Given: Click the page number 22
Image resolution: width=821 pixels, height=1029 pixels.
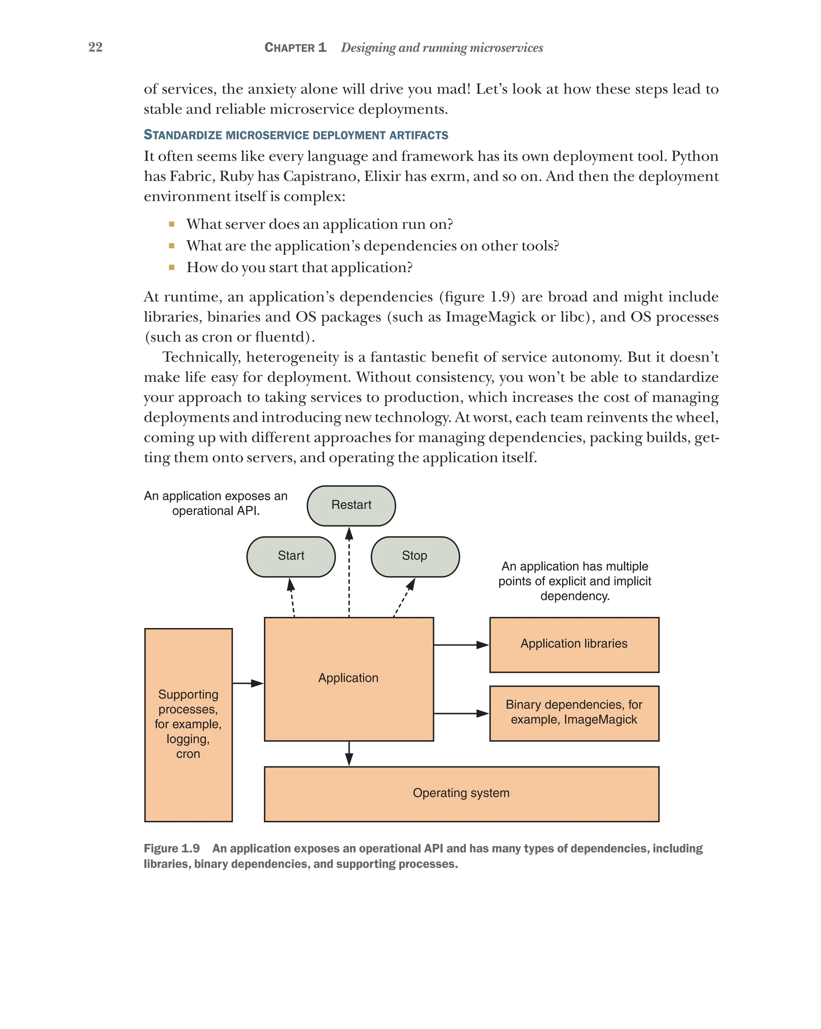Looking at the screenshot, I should tap(95, 47).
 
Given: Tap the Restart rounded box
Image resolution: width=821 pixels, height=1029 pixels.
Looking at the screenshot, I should tap(351, 505).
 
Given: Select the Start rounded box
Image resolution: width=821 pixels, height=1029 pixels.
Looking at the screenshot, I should tap(291, 556).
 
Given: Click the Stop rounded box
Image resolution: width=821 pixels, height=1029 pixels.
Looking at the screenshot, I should tap(415, 556).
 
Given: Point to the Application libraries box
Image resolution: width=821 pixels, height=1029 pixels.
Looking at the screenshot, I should tap(574, 644).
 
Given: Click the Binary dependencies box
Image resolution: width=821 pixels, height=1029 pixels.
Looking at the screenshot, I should tap(574, 713).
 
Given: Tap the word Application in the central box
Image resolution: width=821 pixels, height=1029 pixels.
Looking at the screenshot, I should tap(348, 678).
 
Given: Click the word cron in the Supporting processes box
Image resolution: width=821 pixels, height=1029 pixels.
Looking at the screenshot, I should tap(188, 754).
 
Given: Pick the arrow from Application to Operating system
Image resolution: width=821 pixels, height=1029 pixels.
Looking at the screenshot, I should tap(349, 753).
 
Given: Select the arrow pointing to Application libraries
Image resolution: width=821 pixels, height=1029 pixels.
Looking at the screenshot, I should tap(461, 645).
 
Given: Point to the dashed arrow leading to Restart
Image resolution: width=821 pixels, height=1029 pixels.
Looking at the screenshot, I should tap(349, 573).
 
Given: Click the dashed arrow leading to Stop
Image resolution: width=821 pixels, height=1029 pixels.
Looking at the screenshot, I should tap(404, 598).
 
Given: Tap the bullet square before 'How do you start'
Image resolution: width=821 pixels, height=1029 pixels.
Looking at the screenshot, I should tap(172, 267).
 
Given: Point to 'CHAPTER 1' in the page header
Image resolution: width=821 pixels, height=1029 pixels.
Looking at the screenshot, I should tap(295, 48).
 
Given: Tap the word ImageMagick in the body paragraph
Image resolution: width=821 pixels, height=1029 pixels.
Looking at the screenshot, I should tap(491, 317).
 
